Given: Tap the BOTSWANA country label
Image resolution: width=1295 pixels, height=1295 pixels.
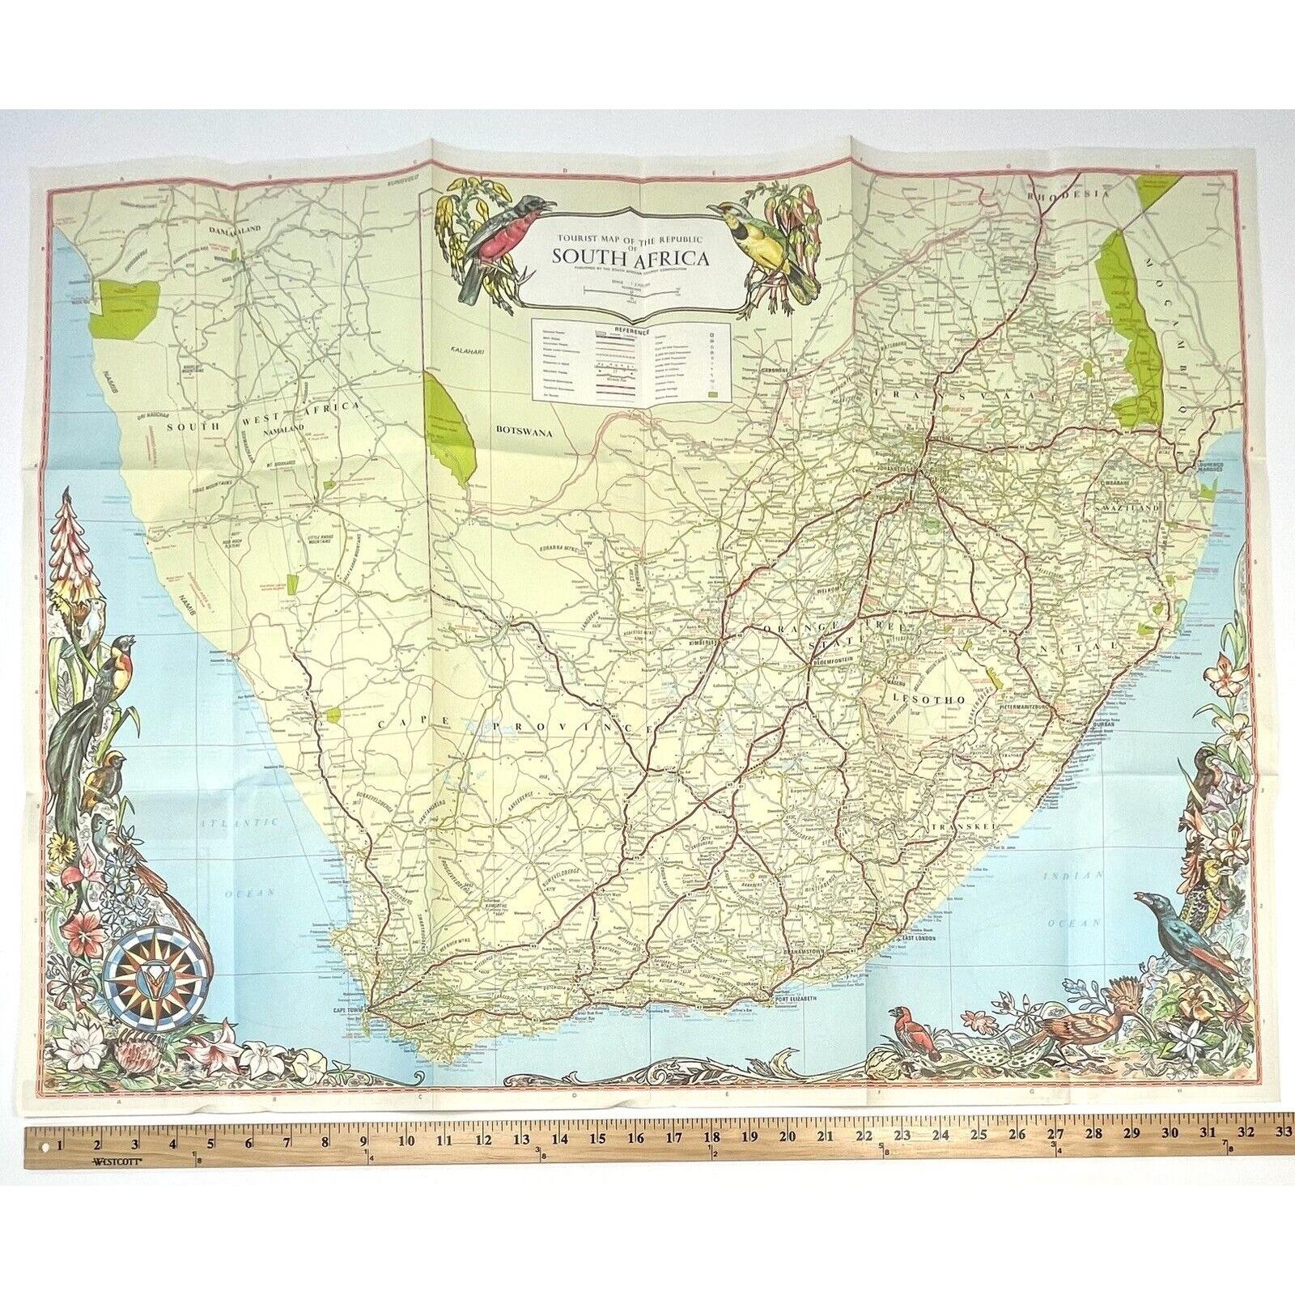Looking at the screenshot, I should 523,433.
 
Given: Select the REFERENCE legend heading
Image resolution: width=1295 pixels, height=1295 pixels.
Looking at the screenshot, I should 631,329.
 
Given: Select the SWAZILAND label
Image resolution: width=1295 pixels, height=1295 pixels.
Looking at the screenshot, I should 1137,507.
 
